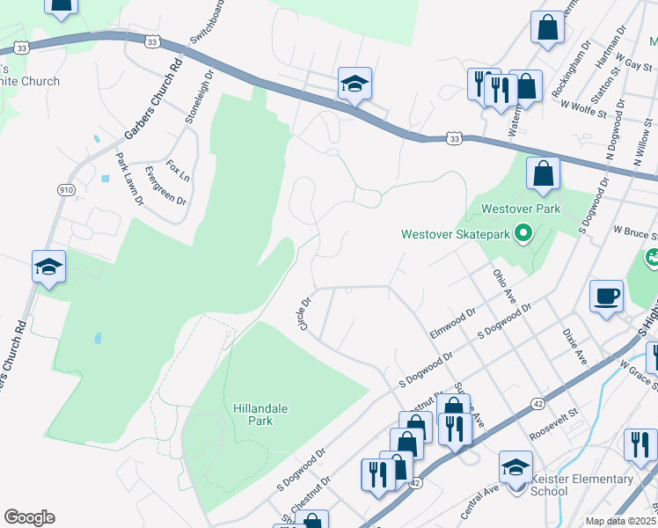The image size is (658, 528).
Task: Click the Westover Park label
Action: pos(520,210)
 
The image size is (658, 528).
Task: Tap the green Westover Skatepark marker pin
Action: pos(523,234)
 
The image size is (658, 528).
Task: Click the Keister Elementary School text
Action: pos(581,485)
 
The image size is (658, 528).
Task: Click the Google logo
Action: pos(29,517)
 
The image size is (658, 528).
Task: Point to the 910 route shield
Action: pos(67,190)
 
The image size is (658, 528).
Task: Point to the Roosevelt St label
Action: pos(553,423)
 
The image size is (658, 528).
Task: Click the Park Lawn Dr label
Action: pos(128,179)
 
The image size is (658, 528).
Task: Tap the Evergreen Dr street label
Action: pos(165,186)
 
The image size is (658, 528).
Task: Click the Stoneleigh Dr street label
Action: pos(195,99)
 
